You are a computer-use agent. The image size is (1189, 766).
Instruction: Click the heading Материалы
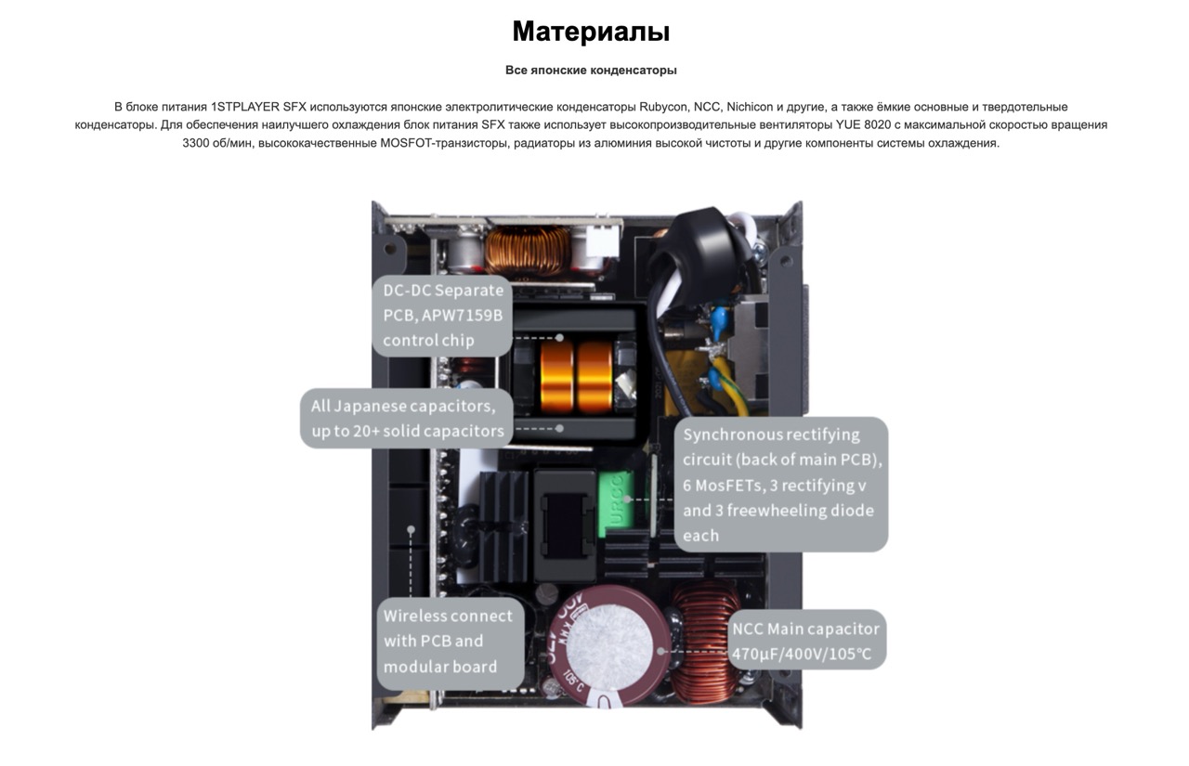(591, 31)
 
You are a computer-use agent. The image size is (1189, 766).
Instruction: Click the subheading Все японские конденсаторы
(591, 70)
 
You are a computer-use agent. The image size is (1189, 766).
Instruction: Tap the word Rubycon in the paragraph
(662, 107)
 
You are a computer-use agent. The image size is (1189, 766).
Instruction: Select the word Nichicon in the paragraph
(750, 107)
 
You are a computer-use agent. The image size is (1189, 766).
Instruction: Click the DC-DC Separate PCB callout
(442, 316)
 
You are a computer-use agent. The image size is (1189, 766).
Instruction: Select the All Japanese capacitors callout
(407, 419)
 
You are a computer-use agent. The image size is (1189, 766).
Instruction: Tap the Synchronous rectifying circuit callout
(781, 485)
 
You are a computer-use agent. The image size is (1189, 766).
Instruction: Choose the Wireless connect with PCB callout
(451, 642)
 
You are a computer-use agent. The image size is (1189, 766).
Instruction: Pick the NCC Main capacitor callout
(805, 640)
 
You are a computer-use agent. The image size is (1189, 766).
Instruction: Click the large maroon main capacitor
(608, 647)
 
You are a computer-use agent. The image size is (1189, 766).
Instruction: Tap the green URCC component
(616, 503)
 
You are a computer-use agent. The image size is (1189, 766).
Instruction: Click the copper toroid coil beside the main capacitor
(706, 642)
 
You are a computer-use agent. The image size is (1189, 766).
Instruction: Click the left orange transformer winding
(556, 377)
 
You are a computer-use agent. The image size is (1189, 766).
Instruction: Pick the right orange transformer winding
(594, 377)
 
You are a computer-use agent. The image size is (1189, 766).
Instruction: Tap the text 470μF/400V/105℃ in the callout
(802, 654)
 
